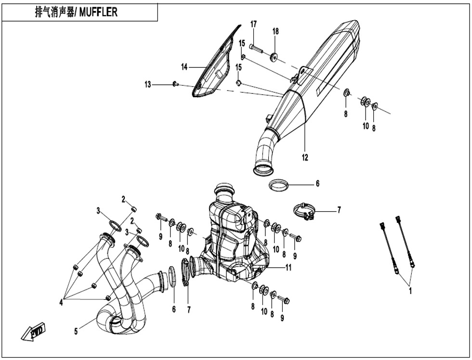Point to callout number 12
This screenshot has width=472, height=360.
click(x=305, y=157)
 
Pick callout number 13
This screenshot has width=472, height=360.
click(x=147, y=85)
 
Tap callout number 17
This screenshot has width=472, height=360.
click(x=253, y=24)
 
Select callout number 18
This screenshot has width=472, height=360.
click(x=275, y=31)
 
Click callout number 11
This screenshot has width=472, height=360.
click(x=288, y=268)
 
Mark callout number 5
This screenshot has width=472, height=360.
click(x=76, y=332)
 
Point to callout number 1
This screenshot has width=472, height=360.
click(x=410, y=290)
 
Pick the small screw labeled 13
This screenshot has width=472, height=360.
click(x=175, y=84)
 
